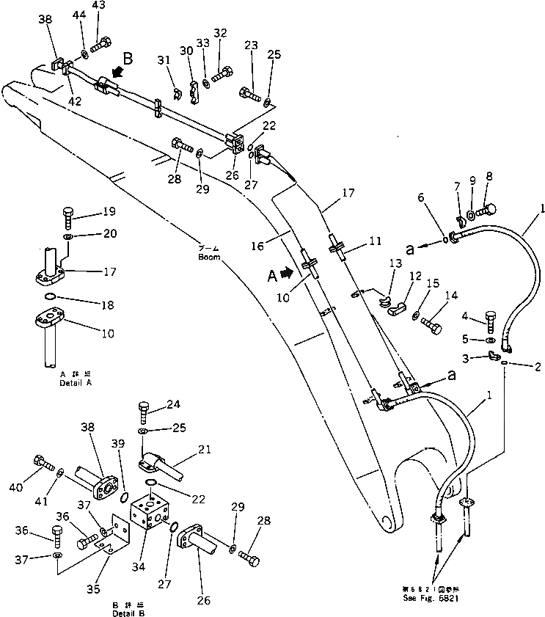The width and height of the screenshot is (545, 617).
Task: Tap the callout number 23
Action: click(x=251, y=45)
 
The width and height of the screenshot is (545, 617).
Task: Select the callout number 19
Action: click(x=109, y=212)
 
